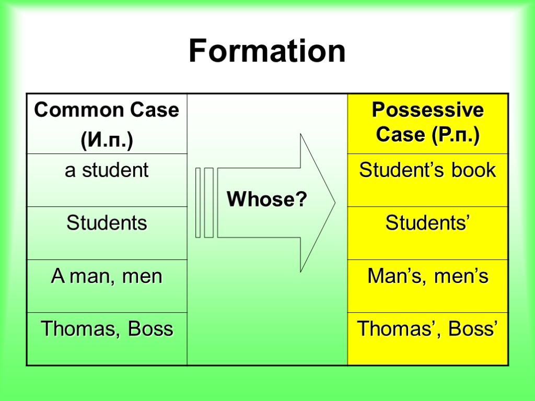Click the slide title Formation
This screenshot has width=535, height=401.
pos(267,52)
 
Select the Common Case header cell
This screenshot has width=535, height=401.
pos(107,124)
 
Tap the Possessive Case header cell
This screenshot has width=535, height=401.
pos(427,123)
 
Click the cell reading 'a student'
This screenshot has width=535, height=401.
pos(107,171)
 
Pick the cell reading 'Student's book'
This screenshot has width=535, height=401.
pos(427,171)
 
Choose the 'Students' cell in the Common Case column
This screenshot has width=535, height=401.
pos(107,223)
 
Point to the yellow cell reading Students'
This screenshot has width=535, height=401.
pos(427,223)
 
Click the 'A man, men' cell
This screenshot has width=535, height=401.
pos(107,276)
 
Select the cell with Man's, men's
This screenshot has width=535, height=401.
pos(427,276)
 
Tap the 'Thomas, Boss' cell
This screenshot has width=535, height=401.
pos(107,329)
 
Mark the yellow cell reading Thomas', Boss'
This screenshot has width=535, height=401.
pos(427,329)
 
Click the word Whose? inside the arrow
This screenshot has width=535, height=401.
pos(267,199)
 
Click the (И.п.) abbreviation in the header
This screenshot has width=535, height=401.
pos(107,140)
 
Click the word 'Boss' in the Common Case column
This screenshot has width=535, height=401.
pos(150,329)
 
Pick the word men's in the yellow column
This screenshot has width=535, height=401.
pos(462,276)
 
